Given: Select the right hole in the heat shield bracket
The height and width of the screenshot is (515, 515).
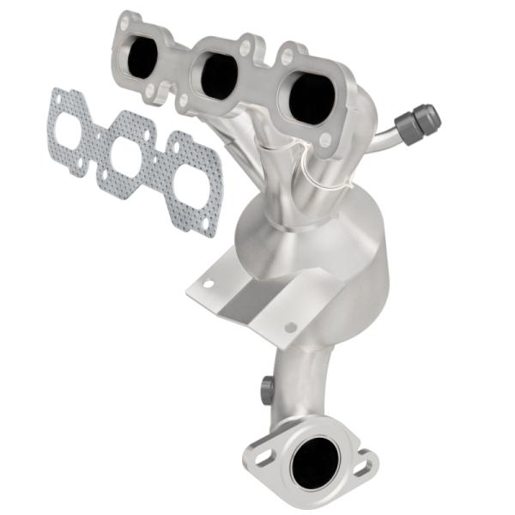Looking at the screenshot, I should click(290, 327).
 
